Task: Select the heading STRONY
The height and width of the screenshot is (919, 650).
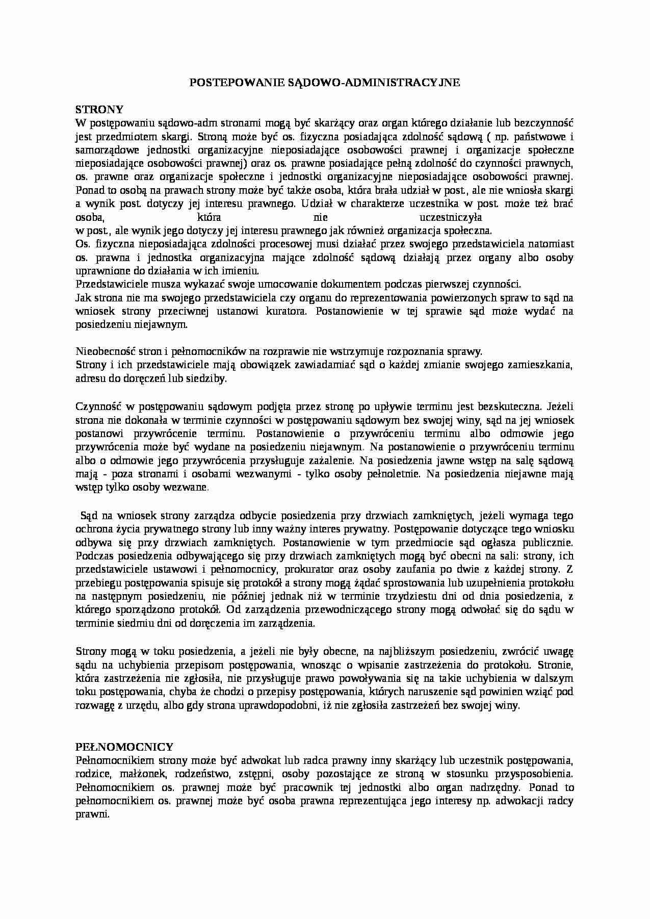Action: point(99,109)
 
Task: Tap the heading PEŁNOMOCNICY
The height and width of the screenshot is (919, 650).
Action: point(124,747)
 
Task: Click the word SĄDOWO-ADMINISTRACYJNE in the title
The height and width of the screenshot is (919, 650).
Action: point(367,82)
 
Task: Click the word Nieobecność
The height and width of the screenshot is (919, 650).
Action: point(102,351)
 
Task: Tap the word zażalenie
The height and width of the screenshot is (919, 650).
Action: point(328,461)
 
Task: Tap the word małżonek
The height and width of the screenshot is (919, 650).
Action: point(133,774)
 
